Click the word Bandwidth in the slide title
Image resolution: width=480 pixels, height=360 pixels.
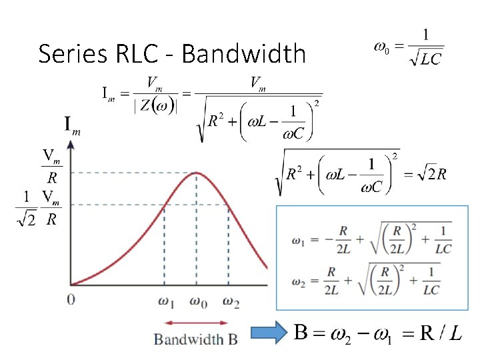point(243,53)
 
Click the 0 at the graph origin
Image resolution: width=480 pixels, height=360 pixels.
point(71,299)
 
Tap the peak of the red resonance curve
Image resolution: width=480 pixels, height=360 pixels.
point(196,173)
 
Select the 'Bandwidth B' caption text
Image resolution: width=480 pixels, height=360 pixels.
point(196,339)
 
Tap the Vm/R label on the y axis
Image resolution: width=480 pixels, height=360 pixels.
point(51,167)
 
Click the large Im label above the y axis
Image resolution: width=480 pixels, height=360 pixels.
point(73,125)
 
